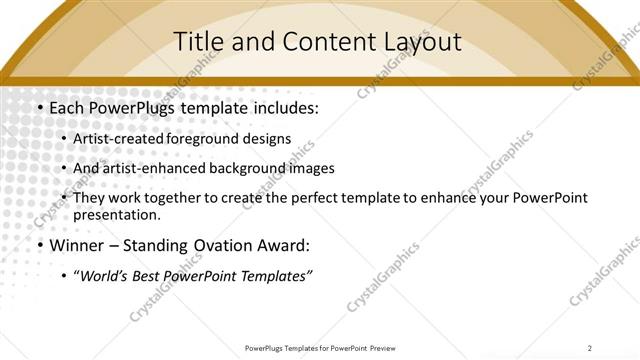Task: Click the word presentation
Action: pyautogui.click(x=116, y=214)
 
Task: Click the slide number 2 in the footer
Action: pyautogui.click(x=591, y=347)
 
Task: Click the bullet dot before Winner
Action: pyautogui.click(x=39, y=245)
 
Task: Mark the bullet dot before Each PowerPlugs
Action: pyautogui.click(x=39, y=107)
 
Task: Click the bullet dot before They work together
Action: pyautogui.click(x=65, y=198)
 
